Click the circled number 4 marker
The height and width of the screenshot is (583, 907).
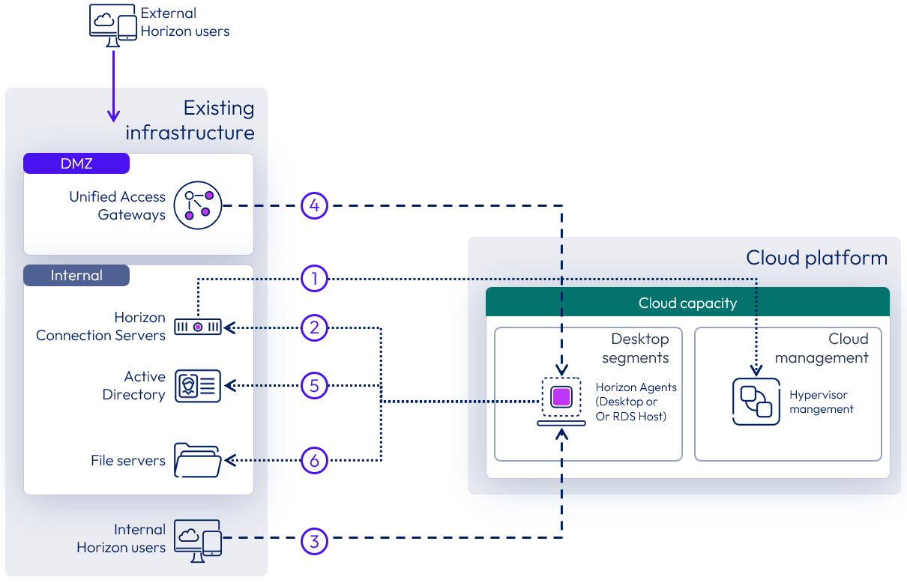[315, 205]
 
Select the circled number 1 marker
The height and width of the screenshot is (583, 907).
[315, 279]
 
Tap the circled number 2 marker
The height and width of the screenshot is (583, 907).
[315, 327]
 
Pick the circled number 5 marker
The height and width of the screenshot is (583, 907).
[315, 386]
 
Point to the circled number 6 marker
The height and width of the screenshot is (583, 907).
[315, 459]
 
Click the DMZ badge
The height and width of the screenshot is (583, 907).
[76, 163]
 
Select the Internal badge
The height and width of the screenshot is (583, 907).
[76, 275]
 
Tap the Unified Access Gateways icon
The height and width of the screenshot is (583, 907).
[198, 205]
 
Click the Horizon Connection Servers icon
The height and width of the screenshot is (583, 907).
[198, 327]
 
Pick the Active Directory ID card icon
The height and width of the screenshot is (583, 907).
[198, 386]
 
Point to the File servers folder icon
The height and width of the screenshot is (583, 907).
[198, 459]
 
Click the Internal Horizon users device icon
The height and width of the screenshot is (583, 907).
[198, 540]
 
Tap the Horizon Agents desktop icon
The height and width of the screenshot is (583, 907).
[561, 400]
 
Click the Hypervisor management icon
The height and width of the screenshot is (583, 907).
[756, 402]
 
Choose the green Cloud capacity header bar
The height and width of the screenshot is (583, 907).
[687, 303]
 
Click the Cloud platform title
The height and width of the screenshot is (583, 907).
[816, 259]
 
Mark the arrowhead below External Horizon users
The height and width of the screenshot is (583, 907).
[113, 115]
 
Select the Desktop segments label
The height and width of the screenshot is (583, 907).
[636, 348]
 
